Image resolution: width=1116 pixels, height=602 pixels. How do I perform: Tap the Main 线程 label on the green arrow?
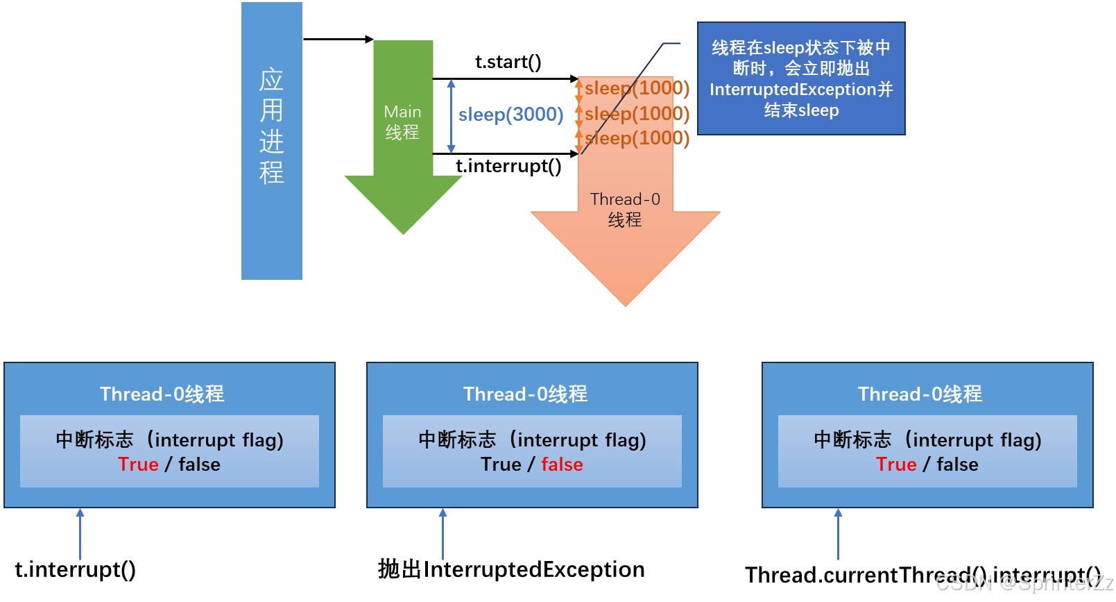[402, 122]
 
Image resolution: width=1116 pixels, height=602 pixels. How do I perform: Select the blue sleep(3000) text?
[510, 115]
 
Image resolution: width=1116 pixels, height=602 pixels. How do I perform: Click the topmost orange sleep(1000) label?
[637, 88]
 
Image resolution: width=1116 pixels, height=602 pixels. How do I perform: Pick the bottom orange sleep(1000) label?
[637, 138]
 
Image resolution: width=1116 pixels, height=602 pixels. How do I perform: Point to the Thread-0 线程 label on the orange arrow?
[625, 210]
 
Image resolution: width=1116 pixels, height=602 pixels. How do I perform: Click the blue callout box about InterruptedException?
[801, 78]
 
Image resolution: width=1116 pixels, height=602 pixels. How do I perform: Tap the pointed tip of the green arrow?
[404, 234]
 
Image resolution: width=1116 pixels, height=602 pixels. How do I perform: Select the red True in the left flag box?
[138, 465]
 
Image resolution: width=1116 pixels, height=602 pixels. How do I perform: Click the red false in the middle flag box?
[562, 465]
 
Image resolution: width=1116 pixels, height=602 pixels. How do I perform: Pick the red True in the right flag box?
[896, 465]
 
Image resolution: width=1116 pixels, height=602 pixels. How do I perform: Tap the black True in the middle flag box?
[501, 465]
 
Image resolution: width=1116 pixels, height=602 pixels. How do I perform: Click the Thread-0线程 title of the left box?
[162, 394]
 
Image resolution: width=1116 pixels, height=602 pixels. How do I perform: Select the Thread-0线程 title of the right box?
[920, 394]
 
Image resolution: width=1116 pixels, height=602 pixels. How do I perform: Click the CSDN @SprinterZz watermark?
[1024, 582]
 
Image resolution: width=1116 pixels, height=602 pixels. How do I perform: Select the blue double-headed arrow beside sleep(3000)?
[452, 116]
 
